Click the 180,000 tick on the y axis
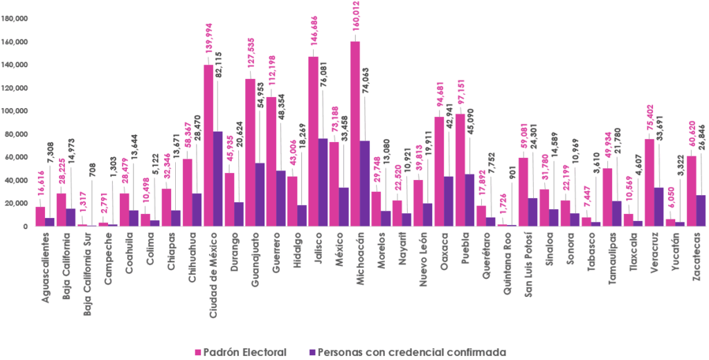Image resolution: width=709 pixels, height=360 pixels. click(15, 19)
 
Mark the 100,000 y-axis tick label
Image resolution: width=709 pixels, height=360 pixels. click(15, 111)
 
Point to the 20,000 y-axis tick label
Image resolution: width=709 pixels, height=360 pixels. click(17, 204)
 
